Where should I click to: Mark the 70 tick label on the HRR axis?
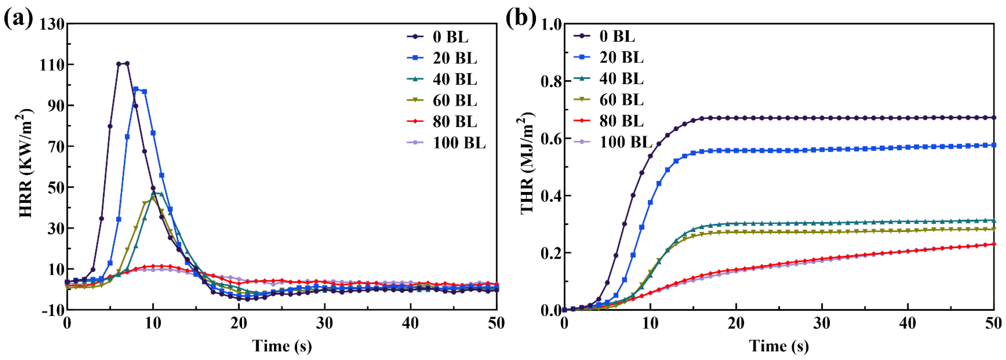coord(55,146)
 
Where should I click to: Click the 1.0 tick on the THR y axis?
coord(551,24)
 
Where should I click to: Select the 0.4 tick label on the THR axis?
coord(551,195)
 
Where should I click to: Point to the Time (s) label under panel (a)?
coord(282,346)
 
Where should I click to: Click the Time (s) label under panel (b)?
coord(778,346)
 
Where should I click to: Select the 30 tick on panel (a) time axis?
coord(325,324)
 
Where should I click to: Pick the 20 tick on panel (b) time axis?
coord(736,324)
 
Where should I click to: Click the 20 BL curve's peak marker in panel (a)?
coord(136,89)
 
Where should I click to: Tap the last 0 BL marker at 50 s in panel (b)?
coord(994,118)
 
